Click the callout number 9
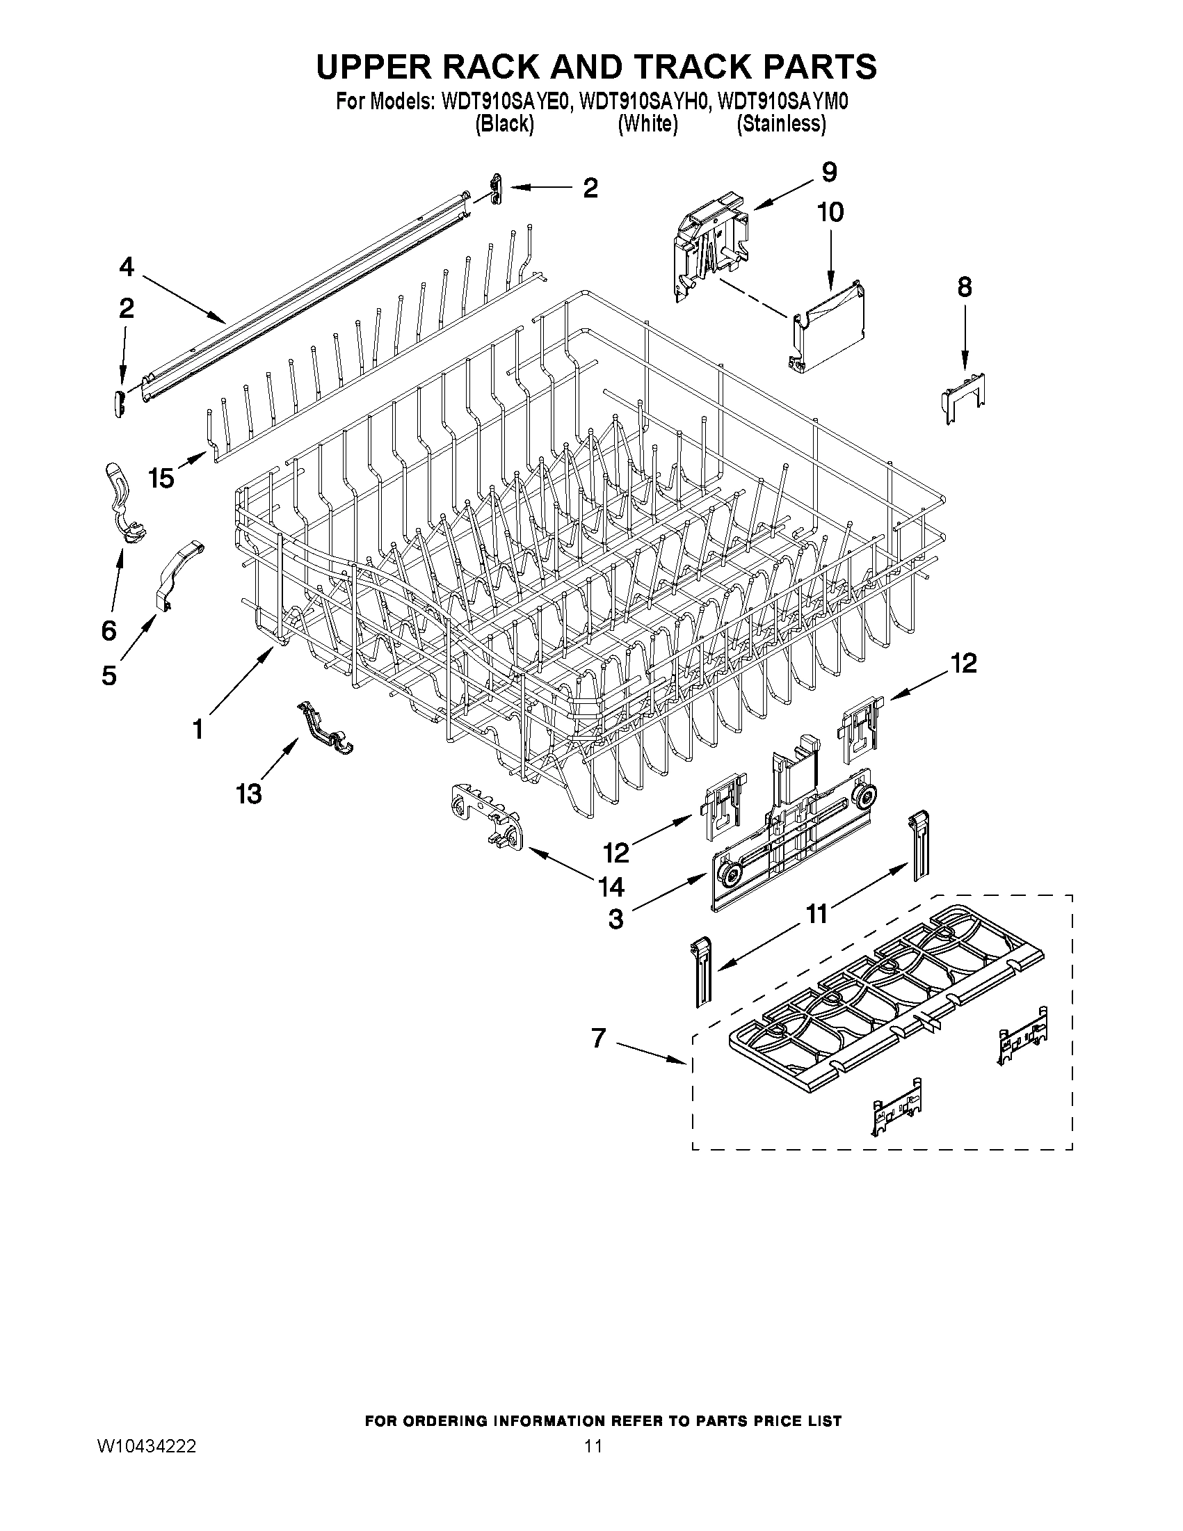coord(829,172)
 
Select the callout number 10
coord(830,211)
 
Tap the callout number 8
coord(965,287)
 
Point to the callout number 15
coord(161,478)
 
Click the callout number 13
coord(249,794)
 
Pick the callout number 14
coord(611,887)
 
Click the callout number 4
coord(126,266)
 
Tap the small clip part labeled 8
coord(965,399)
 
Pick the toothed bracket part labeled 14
coord(485,817)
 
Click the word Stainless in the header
coord(781,124)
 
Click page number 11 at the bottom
coord(593,1446)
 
